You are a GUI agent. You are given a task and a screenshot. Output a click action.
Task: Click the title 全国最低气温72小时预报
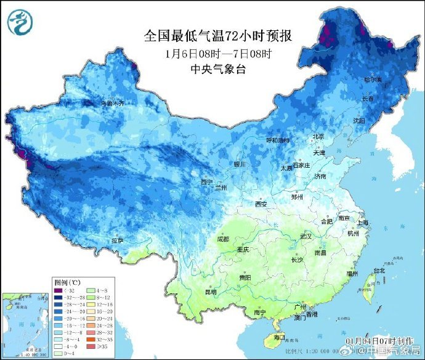pyautogui.click(x=217, y=36)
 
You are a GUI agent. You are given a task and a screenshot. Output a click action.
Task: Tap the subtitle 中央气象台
pyautogui.click(x=217, y=69)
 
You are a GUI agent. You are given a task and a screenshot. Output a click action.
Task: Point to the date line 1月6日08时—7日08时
pyautogui.click(x=217, y=53)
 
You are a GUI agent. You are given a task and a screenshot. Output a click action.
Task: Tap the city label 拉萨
pyautogui.click(x=118, y=240)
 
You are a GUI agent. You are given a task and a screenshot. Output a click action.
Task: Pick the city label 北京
pyautogui.click(x=318, y=136)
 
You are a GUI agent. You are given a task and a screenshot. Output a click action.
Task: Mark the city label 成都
pyautogui.click(x=223, y=239)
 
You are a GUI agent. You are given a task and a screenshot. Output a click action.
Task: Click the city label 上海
pyautogui.click(x=365, y=223)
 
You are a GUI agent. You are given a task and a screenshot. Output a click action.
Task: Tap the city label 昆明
pyautogui.click(x=211, y=292)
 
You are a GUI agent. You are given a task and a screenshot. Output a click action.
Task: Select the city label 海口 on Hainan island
pyautogui.click(x=279, y=337)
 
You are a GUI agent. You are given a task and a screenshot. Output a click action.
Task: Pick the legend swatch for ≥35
pyautogui.click(x=89, y=346)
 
